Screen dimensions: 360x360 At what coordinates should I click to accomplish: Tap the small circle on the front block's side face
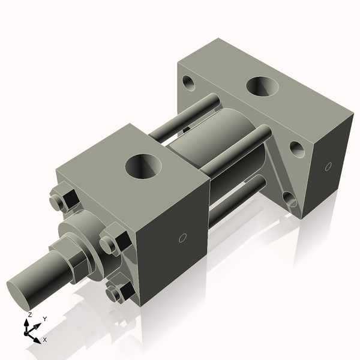182,238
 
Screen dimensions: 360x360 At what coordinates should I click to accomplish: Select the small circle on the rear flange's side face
328,167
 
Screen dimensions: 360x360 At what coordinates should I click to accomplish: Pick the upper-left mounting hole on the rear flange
189,82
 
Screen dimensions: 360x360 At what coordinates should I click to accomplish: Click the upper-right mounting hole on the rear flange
297,148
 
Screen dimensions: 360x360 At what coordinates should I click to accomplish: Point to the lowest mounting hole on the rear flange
290,199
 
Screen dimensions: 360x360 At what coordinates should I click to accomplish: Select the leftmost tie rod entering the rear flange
180,117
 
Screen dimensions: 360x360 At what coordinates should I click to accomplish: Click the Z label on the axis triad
30,315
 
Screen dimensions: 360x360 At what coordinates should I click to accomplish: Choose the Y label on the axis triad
45,319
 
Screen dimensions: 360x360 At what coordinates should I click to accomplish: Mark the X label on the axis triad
44,340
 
